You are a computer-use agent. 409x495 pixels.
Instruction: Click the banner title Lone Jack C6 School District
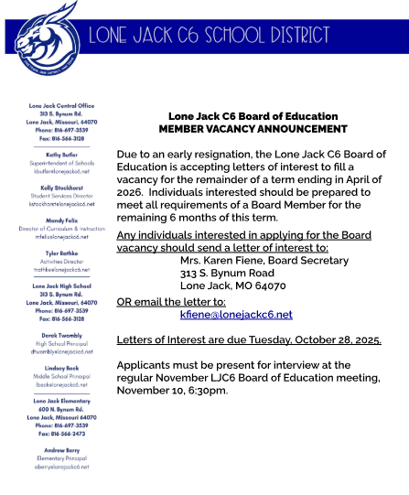coord(210,36)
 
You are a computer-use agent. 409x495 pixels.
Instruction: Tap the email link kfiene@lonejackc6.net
coord(236,314)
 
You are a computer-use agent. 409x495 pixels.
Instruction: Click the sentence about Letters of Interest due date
coord(249,339)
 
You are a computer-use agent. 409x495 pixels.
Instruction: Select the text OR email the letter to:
coord(171,301)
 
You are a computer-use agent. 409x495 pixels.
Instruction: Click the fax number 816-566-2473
coord(60,433)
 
